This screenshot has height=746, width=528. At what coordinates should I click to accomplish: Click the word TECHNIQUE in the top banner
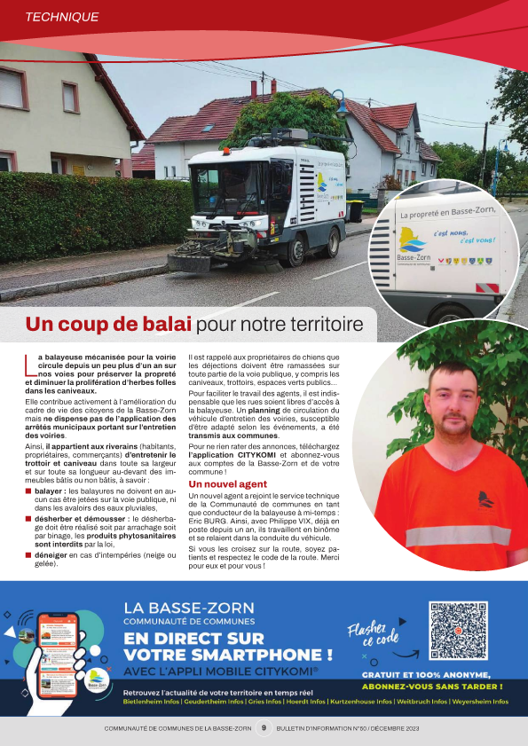click(62, 17)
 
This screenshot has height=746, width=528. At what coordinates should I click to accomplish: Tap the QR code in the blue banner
click(458, 630)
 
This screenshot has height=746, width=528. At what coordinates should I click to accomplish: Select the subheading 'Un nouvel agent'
click(228, 484)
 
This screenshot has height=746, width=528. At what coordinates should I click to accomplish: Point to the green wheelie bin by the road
click(355, 211)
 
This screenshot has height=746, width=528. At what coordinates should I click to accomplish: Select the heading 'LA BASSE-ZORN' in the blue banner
click(189, 609)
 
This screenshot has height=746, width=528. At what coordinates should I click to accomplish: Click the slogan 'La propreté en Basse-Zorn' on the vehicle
click(447, 212)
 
